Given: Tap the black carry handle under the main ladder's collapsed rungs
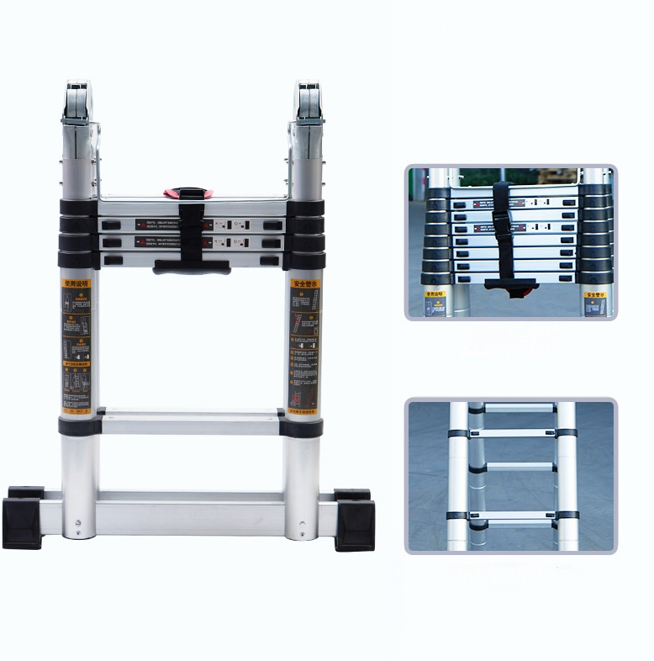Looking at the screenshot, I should click(191, 266).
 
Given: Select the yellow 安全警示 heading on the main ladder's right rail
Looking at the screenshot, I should click(304, 284).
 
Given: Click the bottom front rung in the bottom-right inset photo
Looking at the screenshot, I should click(512, 516).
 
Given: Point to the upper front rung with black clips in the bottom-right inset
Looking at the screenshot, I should click(512, 434).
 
